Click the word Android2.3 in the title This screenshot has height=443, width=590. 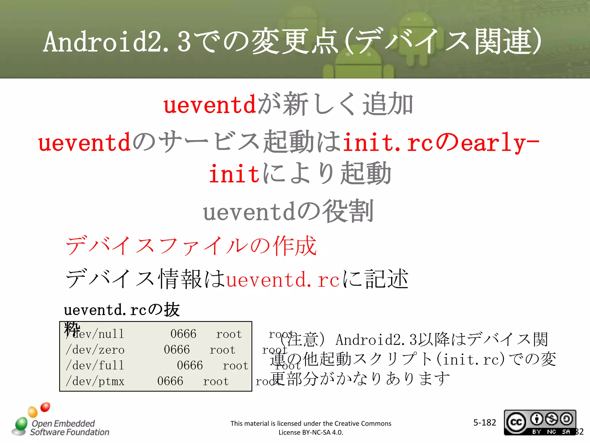117,42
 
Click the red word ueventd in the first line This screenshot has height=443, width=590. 210,104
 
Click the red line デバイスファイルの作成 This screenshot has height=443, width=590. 191,246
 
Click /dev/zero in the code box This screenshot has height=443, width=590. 95,350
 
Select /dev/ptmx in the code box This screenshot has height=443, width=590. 95,382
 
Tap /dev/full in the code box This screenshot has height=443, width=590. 95,366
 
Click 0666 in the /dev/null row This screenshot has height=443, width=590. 183,334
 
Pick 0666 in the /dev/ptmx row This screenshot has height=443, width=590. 170,382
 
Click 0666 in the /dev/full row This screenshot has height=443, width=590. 190,366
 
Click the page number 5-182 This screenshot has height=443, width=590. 485,423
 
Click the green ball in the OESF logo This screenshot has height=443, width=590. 21,423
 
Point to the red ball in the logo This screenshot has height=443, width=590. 45,407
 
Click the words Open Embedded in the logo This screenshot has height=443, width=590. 63,423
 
